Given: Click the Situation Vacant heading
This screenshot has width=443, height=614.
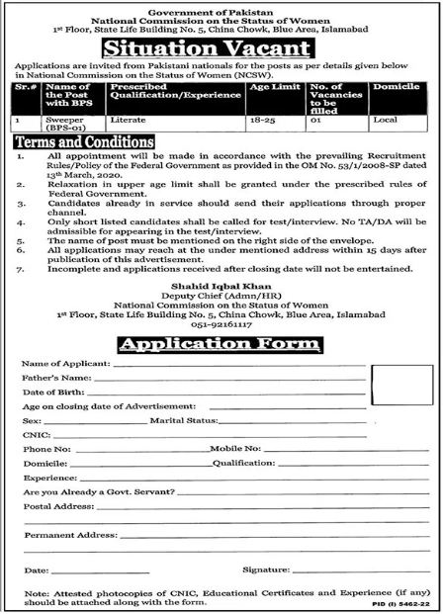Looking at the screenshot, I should point(221,46).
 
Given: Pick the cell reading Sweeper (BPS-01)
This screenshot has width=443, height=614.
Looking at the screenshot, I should point(69,123).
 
